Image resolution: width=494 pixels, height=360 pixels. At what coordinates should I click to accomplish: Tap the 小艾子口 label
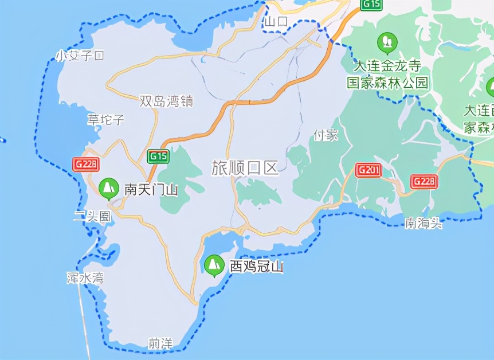coord(80,56)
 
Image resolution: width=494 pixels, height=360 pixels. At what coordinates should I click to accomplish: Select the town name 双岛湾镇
coord(166,101)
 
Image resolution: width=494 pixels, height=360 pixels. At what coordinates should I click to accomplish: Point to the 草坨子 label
coord(106,120)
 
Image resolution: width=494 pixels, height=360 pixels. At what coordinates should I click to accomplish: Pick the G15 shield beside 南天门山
coord(158,156)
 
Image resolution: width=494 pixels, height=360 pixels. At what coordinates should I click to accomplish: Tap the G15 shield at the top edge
coord(371,5)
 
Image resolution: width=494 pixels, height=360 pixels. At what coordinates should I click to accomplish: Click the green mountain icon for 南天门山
coord(108,187)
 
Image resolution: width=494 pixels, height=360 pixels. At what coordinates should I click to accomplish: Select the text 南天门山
coord(151,189)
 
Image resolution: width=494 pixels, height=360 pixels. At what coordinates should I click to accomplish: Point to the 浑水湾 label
coord(85,279)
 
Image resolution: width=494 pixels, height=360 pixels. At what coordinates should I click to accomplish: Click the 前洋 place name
coord(160,343)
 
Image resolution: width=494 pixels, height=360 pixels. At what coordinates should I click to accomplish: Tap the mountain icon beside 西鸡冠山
coord(214,265)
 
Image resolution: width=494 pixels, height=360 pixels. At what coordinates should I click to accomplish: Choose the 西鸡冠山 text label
coord(256,267)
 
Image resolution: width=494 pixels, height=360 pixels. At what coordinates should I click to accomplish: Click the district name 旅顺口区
coord(245,168)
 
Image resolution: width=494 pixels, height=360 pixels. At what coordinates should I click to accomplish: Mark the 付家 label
coord(326,135)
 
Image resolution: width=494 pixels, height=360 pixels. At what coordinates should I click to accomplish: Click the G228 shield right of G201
coord(424,182)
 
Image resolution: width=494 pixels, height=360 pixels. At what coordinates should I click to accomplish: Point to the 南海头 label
coord(424,223)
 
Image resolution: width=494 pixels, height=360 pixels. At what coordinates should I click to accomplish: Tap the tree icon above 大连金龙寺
coord(387,42)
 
